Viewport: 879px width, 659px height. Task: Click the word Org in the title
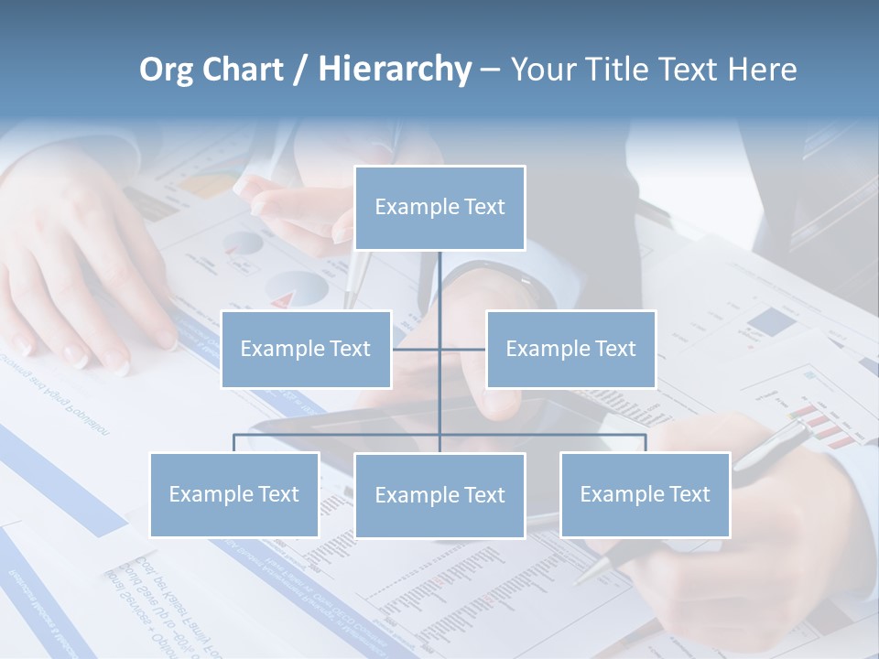point(168,70)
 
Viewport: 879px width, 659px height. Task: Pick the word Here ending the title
point(762,70)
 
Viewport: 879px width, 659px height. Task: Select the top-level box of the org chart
point(439,208)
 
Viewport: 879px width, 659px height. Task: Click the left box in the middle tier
point(306,349)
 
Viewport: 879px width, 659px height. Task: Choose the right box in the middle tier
point(570,349)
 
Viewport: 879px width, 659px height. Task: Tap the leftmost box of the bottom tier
point(233,494)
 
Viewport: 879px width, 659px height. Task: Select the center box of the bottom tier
point(439,495)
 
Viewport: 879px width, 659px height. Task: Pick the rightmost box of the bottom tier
point(645,494)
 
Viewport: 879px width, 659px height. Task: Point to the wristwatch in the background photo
point(499,278)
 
